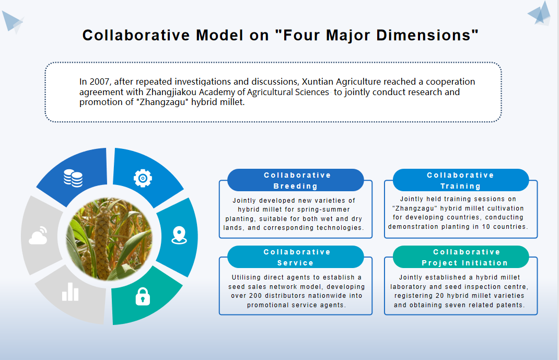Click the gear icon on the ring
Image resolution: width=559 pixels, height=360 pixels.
point(143,178)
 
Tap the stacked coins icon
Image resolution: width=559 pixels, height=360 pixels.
point(73,178)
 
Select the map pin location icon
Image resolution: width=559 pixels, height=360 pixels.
point(179,235)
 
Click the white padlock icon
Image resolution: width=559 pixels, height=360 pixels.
point(143,296)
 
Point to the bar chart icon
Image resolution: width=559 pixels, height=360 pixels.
point(70,292)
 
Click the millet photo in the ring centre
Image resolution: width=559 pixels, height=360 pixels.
point(109,238)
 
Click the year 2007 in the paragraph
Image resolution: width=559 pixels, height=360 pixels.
point(99,82)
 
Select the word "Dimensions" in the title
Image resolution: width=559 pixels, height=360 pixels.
point(424,36)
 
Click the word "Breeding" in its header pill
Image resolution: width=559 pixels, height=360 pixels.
point(295,186)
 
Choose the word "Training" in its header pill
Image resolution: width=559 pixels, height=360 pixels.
point(460,186)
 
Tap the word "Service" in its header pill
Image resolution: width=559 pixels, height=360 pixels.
point(295,263)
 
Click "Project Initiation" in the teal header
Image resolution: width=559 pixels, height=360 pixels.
point(464,263)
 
